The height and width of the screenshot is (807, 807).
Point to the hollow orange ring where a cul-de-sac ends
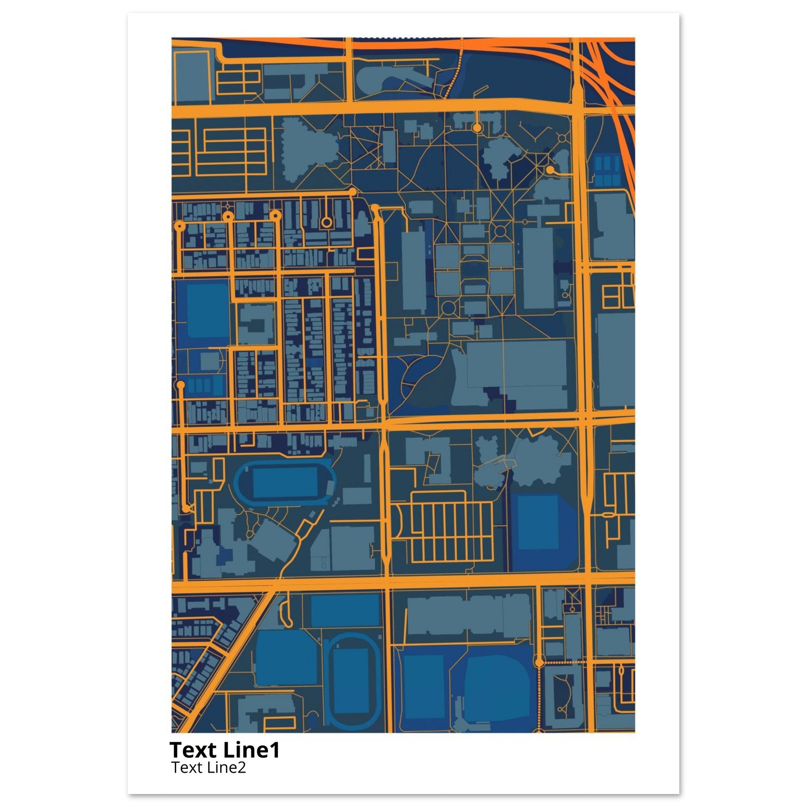click(326, 222)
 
